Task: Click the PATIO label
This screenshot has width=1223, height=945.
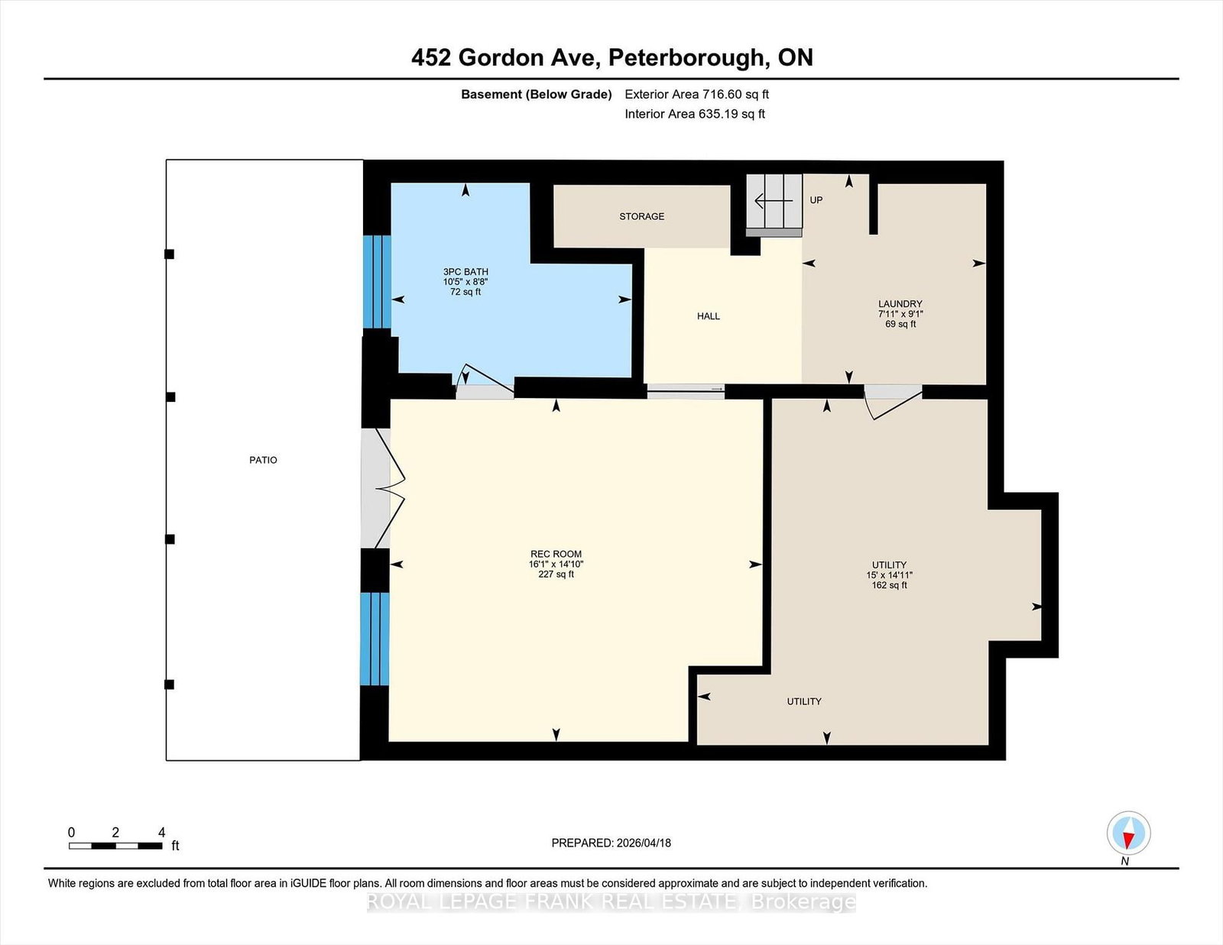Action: (x=263, y=460)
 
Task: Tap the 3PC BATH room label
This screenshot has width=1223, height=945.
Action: (x=466, y=272)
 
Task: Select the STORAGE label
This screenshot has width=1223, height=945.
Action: (x=641, y=216)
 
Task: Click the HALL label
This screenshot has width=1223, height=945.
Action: (x=708, y=316)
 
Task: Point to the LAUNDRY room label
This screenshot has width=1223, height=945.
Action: (x=900, y=304)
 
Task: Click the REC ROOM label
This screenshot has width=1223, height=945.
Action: (x=556, y=554)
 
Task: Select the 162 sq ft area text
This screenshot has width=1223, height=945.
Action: (x=889, y=585)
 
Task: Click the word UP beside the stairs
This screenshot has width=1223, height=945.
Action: (x=816, y=200)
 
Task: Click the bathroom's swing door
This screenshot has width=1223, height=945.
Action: (x=485, y=383)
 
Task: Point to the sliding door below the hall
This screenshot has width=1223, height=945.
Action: (x=686, y=391)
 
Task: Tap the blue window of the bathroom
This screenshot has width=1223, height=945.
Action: (x=376, y=282)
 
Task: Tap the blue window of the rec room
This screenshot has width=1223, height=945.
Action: (x=375, y=639)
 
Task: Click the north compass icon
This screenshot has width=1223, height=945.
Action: (x=1128, y=833)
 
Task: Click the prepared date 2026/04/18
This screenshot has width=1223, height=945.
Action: (x=611, y=843)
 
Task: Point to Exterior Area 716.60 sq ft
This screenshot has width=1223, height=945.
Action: (x=696, y=95)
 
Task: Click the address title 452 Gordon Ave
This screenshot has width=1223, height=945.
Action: (x=611, y=57)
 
